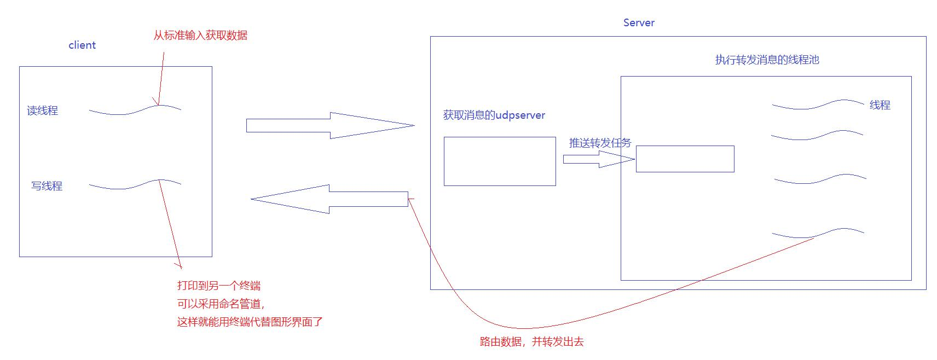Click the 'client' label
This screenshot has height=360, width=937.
point(82,45)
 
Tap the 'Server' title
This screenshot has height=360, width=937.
point(639,22)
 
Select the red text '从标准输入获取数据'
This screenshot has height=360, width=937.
point(200,36)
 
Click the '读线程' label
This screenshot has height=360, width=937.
point(42,111)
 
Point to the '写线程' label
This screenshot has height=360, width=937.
point(47,186)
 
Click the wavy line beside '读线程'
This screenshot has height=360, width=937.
point(135,110)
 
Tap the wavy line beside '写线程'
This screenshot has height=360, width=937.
point(135,185)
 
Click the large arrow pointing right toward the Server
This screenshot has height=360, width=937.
point(328,125)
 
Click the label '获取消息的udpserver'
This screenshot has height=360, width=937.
point(494,115)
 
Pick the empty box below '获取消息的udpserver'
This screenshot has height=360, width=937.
point(500,161)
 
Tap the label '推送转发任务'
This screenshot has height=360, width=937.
point(600,143)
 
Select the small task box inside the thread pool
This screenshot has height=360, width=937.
point(685,159)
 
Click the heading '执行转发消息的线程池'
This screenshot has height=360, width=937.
point(767,60)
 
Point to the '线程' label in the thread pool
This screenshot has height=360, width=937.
point(880,105)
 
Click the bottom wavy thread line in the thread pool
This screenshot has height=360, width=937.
point(818,233)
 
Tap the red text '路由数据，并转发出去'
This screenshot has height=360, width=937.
point(531,342)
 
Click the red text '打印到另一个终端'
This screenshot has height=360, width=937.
point(219,286)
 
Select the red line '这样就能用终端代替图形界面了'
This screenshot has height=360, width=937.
point(250,322)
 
